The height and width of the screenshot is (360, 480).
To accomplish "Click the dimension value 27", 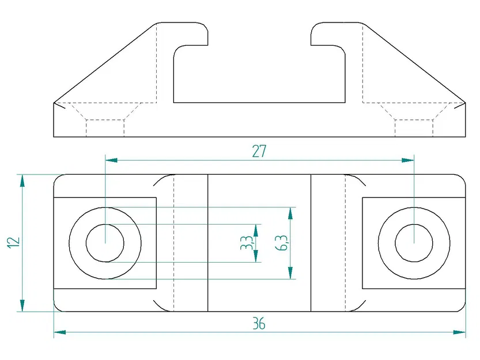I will [x=259, y=151].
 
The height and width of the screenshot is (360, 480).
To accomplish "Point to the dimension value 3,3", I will [x=246, y=243].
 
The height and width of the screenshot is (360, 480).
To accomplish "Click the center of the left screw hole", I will [x=105, y=242].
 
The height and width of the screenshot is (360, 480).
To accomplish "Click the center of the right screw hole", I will [x=414, y=242].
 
